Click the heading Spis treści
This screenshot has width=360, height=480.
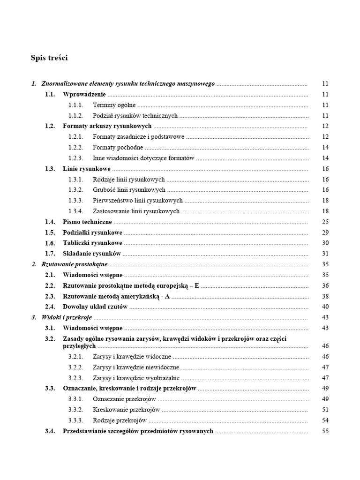click(x=49, y=58)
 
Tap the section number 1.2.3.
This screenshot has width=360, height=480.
click(x=75, y=158)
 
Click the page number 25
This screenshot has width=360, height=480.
click(x=325, y=222)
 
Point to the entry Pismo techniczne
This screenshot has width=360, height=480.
click(x=87, y=222)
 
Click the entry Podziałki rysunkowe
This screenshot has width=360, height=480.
click(x=92, y=232)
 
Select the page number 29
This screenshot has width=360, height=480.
click(x=325, y=232)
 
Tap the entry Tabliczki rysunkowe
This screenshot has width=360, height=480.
click(x=92, y=243)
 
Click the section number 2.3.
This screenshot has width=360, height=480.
click(x=50, y=296)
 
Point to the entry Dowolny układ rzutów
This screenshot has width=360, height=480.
click(x=95, y=307)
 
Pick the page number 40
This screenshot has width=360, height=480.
click(x=325, y=307)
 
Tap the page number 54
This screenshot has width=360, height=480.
click(x=325, y=420)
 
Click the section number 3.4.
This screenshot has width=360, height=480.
click(x=50, y=431)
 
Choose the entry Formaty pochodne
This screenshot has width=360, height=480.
click(x=118, y=148)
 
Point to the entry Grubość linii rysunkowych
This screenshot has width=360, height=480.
click(x=129, y=190)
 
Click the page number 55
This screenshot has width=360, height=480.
click(x=325, y=431)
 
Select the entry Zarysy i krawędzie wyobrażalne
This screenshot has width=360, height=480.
click(x=136, y=378)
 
